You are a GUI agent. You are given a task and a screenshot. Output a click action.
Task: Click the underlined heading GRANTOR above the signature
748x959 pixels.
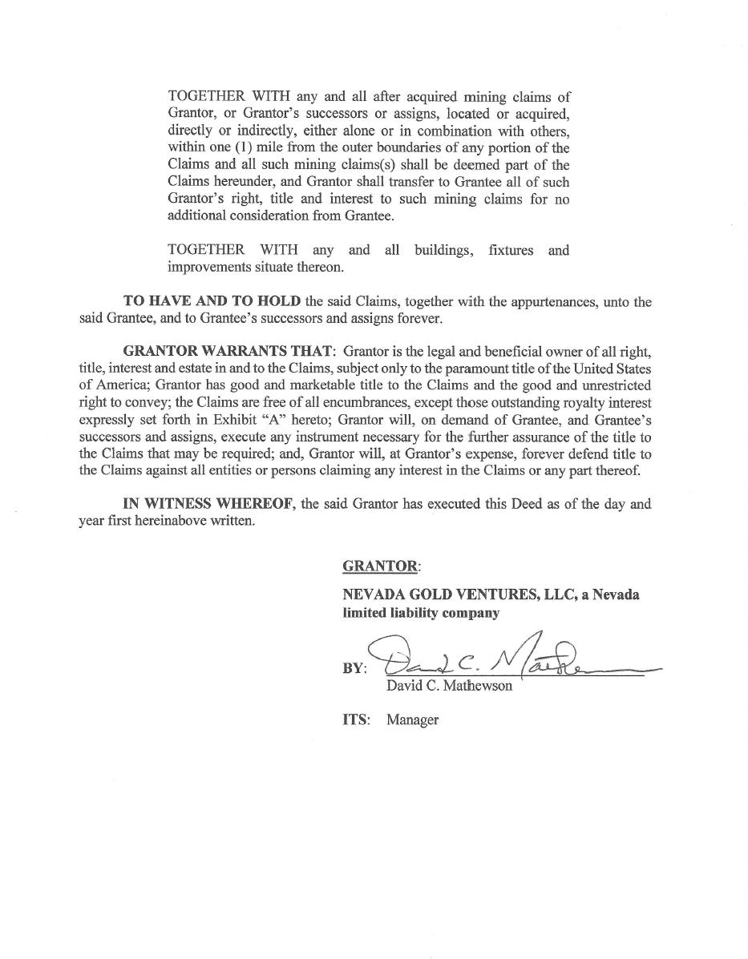(379, 566)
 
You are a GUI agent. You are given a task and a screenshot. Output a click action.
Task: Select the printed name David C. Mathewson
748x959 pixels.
(449, 687)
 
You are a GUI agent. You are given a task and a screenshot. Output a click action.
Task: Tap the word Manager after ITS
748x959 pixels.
(412, 719)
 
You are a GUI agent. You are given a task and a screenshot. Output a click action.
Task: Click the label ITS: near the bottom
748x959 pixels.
(356, 719)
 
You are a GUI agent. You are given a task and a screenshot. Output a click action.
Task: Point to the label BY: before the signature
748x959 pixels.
(354, 668)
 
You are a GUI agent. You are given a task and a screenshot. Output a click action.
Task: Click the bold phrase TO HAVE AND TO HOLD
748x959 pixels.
(212, 301)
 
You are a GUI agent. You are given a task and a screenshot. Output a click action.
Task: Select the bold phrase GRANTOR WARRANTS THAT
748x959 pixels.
(228, 352)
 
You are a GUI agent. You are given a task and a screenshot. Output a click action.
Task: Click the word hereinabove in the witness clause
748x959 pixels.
(168, 521)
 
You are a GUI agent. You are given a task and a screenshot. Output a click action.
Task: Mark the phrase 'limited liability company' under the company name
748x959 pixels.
(421, 613)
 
